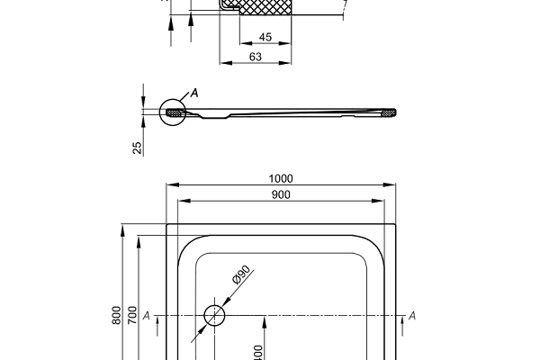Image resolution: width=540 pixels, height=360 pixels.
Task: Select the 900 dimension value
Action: point(281,194)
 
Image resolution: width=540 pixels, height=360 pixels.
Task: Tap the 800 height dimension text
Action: point(116,315)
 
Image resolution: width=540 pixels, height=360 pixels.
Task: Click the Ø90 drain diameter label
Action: point(240,277)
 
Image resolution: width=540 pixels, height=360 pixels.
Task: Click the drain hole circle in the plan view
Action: point(215,315)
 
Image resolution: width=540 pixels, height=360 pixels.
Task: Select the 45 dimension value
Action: point(265,37)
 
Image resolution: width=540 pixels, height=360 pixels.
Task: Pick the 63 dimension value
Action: point(255,57)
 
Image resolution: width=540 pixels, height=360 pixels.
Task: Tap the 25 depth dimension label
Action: point(137,148)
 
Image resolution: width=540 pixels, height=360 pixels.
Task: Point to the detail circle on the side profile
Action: point(172,112)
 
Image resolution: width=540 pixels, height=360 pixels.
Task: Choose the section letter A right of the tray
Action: point(412,315)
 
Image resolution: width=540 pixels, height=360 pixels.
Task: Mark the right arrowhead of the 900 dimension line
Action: point(385,201)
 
